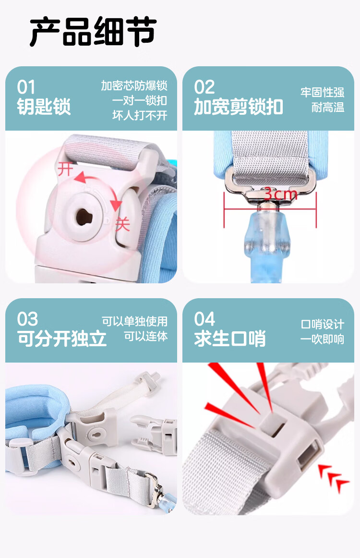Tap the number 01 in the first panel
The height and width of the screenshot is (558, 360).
(x=26, y=87)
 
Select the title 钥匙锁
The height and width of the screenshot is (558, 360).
(x=44, y=107)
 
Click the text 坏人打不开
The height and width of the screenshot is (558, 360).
(x=140, y=116)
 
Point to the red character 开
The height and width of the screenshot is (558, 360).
(x=65, y=169)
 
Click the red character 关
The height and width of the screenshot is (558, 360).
(x=122, y=224)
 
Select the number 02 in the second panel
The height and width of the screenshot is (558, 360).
(x=204, y=87)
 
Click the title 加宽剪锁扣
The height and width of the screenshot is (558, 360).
(x=239, y=107)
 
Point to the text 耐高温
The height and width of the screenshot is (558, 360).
(x=328, y=108)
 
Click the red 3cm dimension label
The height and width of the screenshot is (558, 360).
(x=280, y=194)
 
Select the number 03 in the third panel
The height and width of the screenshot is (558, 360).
(x=27, y=319)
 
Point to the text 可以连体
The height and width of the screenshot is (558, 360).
(x=146, y=337)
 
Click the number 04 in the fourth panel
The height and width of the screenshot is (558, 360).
(x=205, y=319)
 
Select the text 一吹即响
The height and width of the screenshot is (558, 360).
(x=322, y=339)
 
